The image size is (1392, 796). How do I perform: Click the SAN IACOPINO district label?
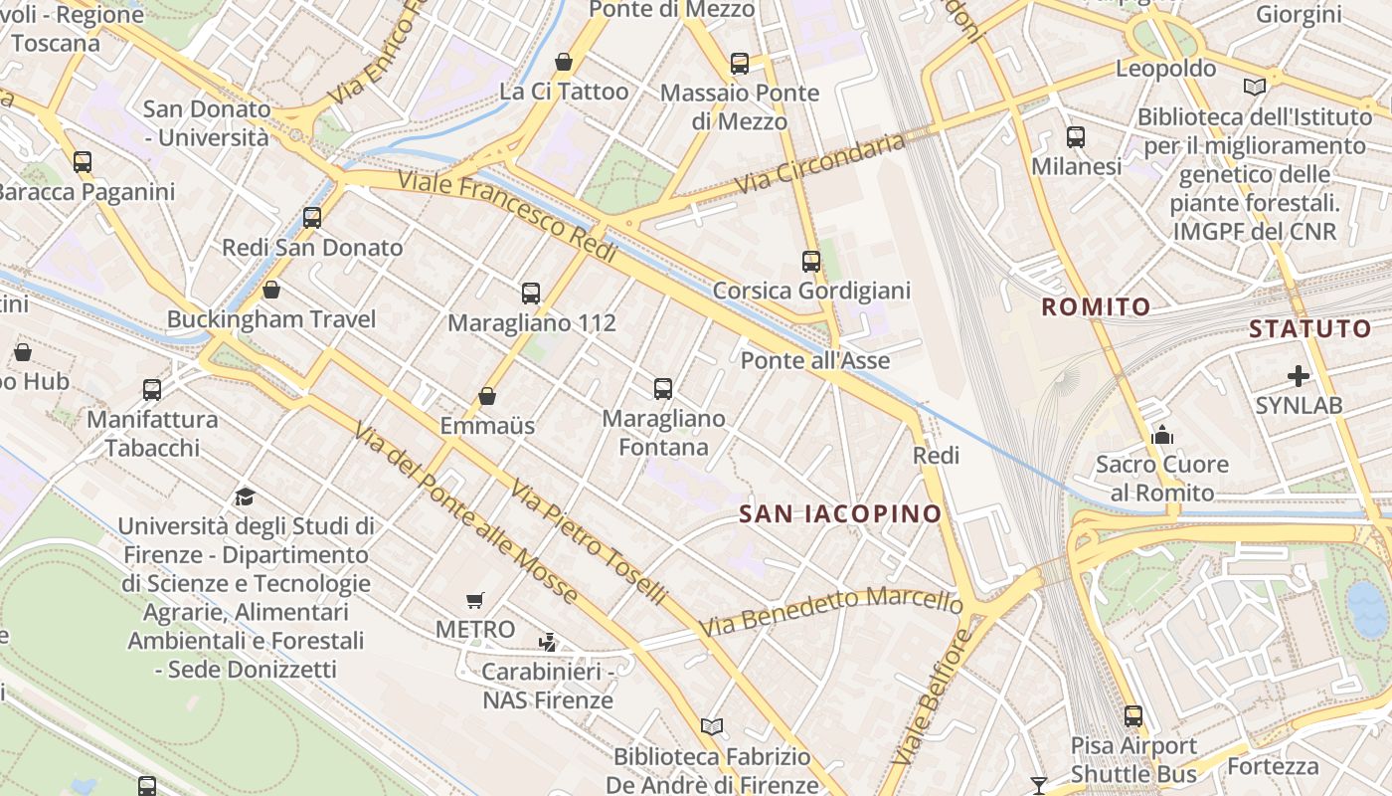tap(840, 513)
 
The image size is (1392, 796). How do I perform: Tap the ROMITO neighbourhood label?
tap(1096, 306)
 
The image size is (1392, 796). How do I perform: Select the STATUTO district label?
tap(1309, 328)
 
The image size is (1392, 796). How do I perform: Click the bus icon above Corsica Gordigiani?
tap(811, 262)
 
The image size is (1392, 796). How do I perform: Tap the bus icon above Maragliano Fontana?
tap(663, 388)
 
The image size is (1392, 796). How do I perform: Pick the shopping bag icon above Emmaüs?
tap(487, 396)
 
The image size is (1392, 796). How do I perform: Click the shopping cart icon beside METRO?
tap(475, 600)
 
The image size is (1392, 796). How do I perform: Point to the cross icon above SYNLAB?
tap(1298, 376)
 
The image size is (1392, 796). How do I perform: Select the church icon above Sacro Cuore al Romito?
tap(1161, 435)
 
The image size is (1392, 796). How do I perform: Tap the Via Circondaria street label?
tap(820, 164)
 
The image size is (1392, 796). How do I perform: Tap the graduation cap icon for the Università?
tap(245, 497)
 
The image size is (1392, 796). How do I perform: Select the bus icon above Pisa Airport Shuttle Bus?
tap(1133, 715)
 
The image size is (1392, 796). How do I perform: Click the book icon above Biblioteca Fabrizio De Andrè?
tap(711, 727)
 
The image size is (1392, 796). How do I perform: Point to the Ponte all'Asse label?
tap(814, 360)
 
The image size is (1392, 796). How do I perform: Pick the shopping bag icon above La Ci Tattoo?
tap(564, 62)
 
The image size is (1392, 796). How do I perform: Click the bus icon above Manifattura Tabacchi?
tap(152, 389)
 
